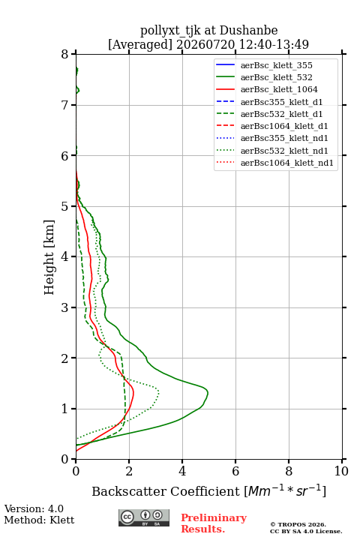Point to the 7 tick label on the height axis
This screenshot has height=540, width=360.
pyautogui.click(x=64, y=105)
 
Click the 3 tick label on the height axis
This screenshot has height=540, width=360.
pyautogui.click(x=64, y=307)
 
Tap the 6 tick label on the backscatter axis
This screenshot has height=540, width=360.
pyautogui.click(x=235, y=471)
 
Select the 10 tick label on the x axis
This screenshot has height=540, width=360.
pyautogui.click(x=341, y=471)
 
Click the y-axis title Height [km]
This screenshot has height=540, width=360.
pyautogui.click(x=49, y=257)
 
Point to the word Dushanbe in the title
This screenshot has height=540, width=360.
pyautogui.click(x=248, y=30)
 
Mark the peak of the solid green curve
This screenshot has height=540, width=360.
pyautogui.click(x=208, y=392)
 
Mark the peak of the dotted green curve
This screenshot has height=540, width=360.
pyautogui.click(x=159, y=391)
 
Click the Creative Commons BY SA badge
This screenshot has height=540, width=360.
pyautogui.click(x=144, y=518)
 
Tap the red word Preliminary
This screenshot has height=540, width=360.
pyautogui.click(x=214, y=518)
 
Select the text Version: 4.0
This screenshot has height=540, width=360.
pyautogui.click(x=34, y=508)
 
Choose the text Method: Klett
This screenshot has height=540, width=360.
pyautogui.click(x=39, y=520)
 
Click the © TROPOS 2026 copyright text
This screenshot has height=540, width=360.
pyautogui.click(x=298, y=524)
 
